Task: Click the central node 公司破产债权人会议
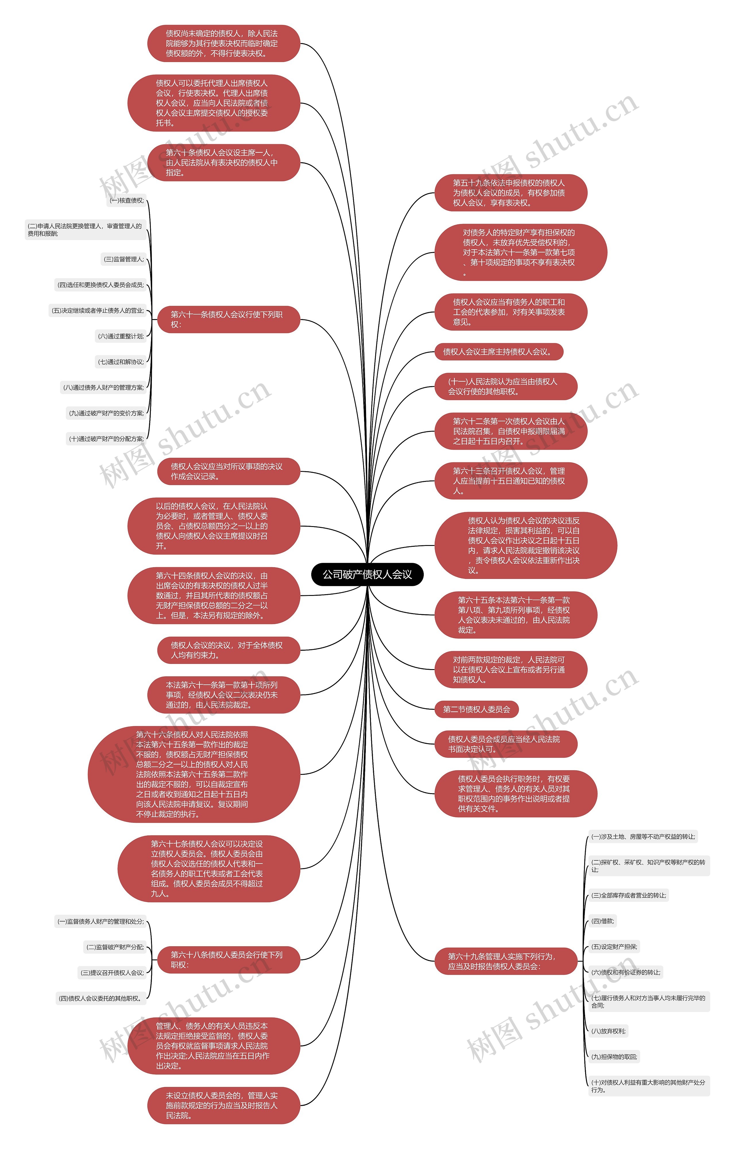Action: point(367,574)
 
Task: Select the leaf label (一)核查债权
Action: point(127,200)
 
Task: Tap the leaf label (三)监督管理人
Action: point(124,259)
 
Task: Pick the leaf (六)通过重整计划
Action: point(121,336)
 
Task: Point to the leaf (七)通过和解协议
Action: point(121,362)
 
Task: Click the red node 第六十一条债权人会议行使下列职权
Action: point(228,319)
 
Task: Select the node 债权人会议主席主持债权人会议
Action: point(498,352)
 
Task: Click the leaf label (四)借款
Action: point(603,921)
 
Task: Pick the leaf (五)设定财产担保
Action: point(614,947)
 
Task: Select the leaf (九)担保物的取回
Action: point(614,1057)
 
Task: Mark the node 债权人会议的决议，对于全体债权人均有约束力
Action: point(228,650)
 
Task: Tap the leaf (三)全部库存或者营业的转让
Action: point(628,895)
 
